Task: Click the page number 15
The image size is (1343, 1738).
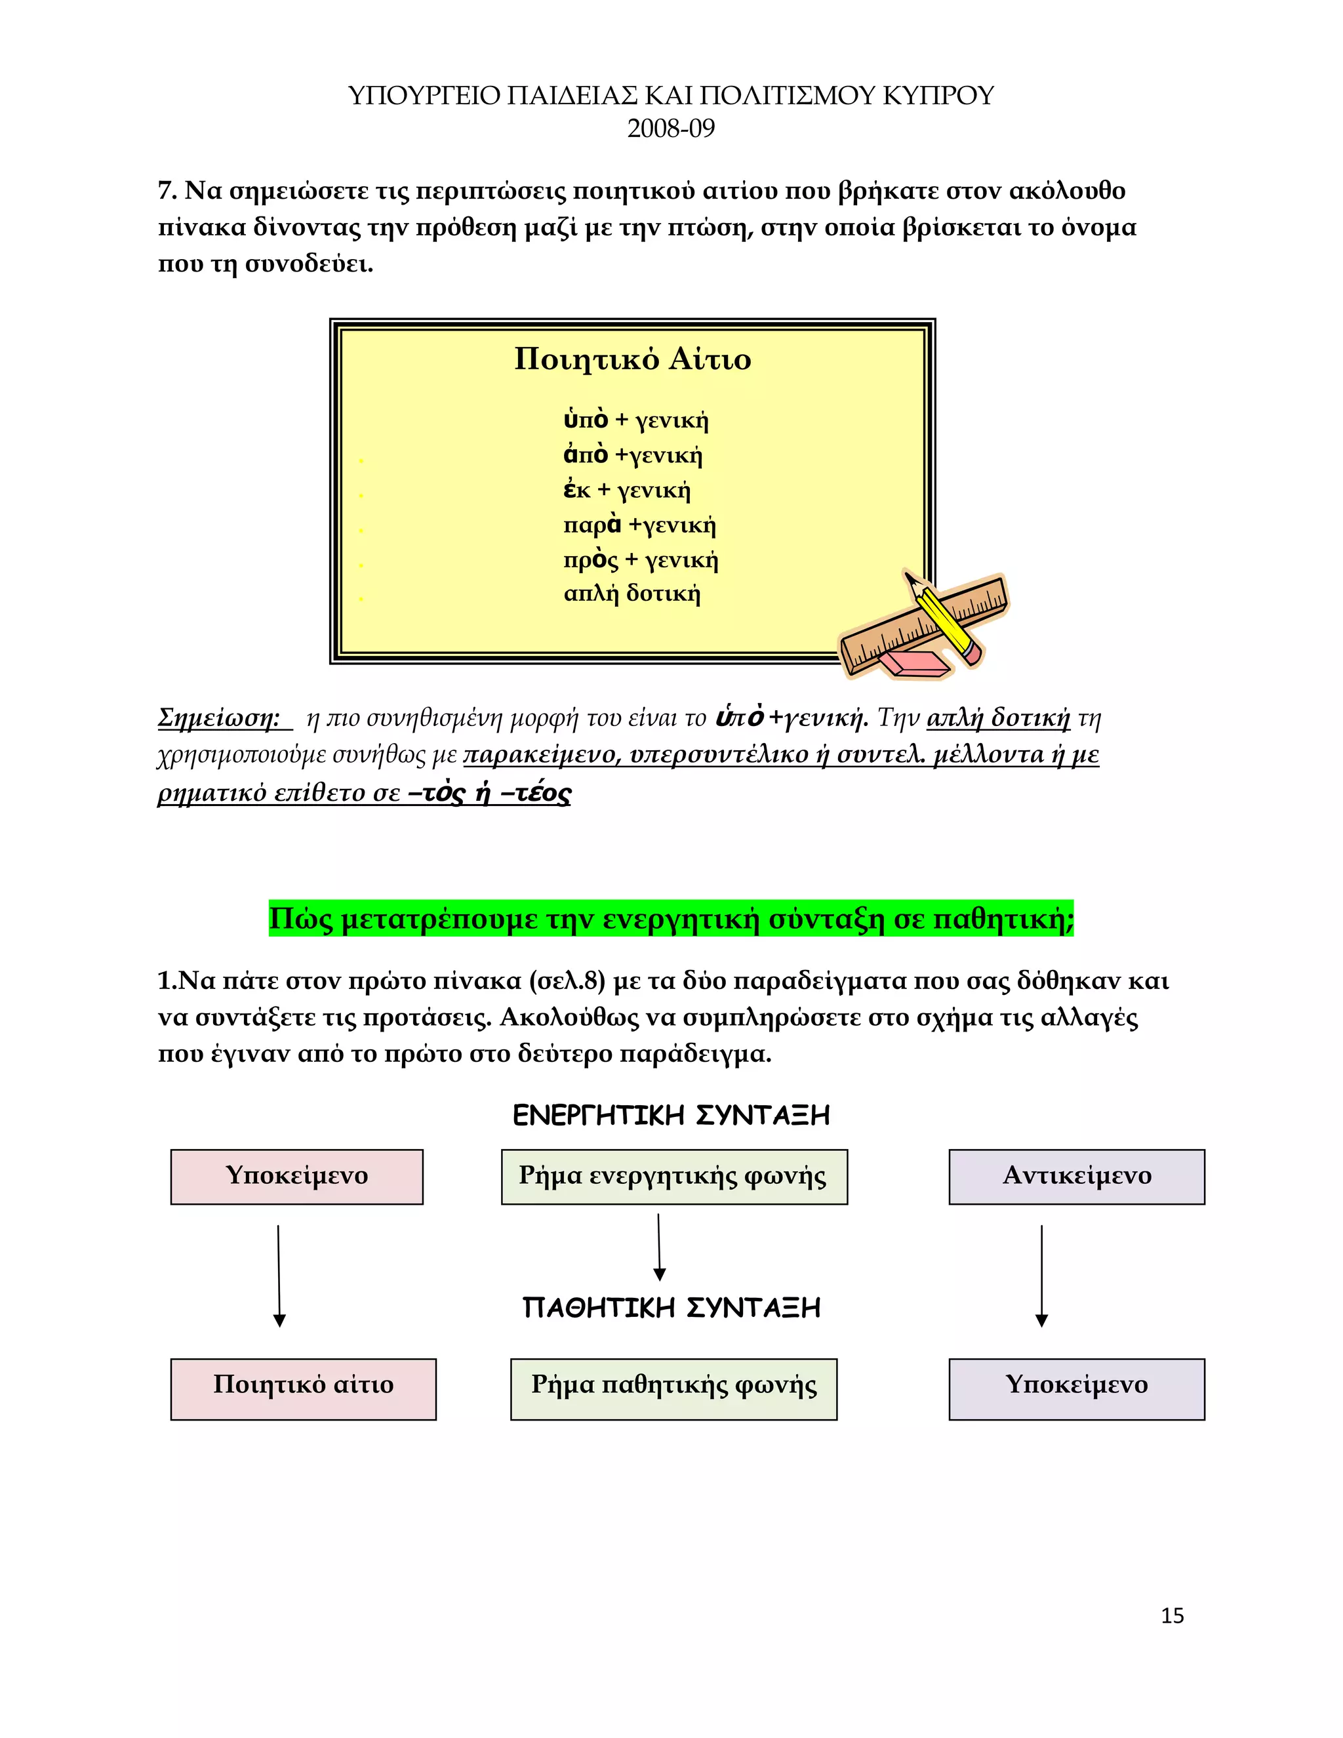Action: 1172,1615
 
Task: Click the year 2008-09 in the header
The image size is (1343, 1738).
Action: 671,128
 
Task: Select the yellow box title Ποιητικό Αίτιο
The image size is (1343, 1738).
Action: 633,359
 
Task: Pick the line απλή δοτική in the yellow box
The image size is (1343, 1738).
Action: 631,593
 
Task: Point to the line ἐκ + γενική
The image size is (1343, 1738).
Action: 627,489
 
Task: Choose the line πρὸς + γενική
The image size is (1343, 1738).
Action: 641,559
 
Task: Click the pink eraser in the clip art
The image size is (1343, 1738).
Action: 917,663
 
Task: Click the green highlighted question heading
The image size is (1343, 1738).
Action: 671,918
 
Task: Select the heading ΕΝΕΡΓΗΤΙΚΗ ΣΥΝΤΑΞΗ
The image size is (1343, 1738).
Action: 671,1115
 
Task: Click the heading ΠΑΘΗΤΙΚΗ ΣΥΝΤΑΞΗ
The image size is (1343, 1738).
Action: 671,1308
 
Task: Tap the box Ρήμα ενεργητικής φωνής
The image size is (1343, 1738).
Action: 674,1176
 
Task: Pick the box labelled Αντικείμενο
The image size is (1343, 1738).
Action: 1077,1176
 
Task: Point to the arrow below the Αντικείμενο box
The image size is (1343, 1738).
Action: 1041,1276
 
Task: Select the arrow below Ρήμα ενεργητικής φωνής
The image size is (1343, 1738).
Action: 659,1247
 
